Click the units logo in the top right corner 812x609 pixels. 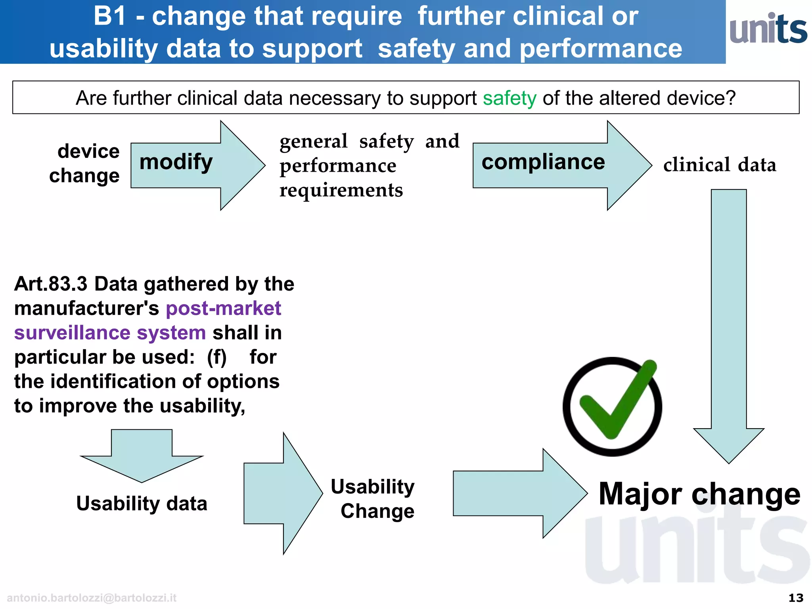coord(768,29)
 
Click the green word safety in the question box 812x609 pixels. coord(509,98)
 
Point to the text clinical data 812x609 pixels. coord(720,165)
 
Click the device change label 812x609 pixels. coord(84,163)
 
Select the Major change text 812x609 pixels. coord(699,494)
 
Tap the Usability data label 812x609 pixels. coord(142,504)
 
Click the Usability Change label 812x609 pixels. coord(373,499)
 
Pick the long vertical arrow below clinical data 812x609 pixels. coord(729,325)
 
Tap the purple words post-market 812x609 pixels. coord(223,308)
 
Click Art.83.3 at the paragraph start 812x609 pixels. coord(50,284)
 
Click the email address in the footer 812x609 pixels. coord(92,598)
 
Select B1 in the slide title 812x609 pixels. coord(110,16)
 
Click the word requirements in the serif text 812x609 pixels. coord(341,190)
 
